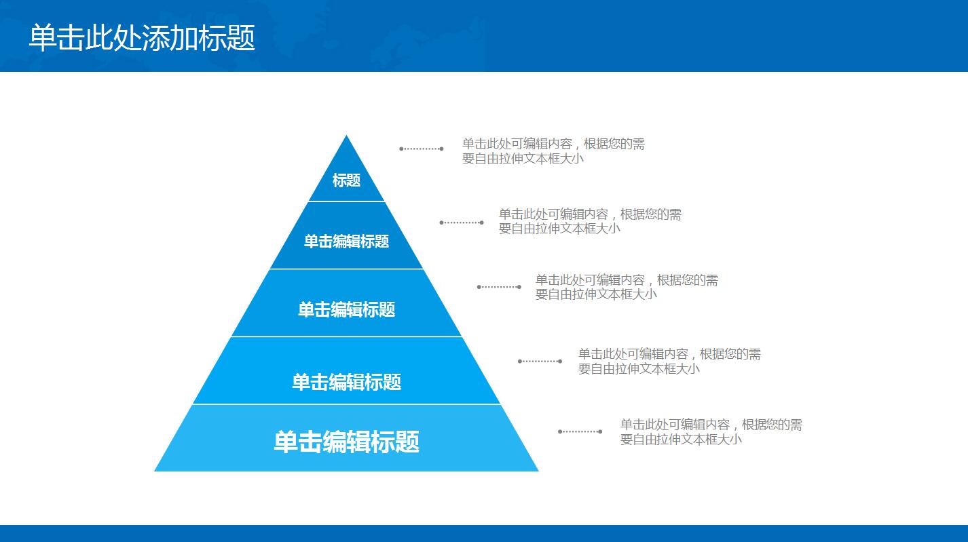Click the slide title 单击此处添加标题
pos(142,37)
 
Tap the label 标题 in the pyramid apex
pos(346,180)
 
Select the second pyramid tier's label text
pos(346,241)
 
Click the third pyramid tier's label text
pos(346,310)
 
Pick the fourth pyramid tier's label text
pos(346,382)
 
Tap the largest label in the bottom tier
pos(346,442)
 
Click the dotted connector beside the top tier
pos(422,149)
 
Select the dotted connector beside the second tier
pos(462,222)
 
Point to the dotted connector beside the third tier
pos(499,287)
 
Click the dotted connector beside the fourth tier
pos(540,361)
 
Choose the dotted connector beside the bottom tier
pos(580,431)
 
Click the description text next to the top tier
pos(553,151)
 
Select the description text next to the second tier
pos(590,222)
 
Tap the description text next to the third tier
pos(627,287)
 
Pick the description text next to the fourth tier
pos(669,361)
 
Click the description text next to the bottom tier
pos(711,431)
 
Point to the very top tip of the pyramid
pos(347,137)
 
